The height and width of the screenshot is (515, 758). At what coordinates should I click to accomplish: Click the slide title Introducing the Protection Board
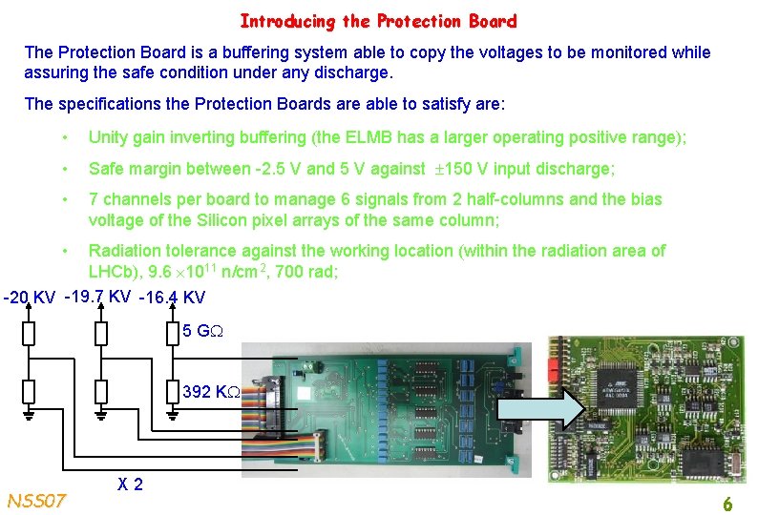pos(378,21)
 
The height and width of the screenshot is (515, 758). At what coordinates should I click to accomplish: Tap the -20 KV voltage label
pos(29,298)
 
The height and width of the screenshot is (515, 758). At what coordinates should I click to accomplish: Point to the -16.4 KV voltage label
pos(172,299)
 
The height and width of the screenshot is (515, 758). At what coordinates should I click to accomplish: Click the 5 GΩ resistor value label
pos(202,332)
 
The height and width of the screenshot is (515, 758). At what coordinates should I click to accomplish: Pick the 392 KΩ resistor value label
pos(210,392)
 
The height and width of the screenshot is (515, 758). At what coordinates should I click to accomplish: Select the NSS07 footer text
pos(36,500)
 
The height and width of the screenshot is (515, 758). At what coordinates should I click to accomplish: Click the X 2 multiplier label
pos(131,484)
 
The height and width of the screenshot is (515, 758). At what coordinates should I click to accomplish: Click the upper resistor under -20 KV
pos(29,333)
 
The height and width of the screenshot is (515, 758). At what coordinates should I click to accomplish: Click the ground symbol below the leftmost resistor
pos(29,416)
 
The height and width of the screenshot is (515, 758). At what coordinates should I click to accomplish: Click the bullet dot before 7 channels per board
pos(65,199)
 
